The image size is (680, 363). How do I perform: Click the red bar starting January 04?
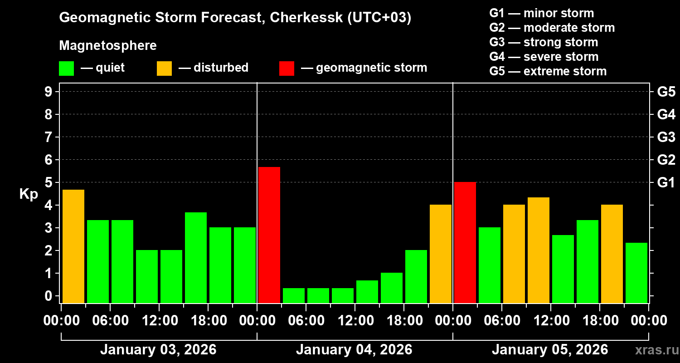269,235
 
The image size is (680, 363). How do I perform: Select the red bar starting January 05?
465,242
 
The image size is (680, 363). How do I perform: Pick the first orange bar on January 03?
73,246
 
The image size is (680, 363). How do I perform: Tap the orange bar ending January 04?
441,254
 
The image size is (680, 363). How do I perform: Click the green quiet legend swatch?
66,69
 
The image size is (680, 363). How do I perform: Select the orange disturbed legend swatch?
164,69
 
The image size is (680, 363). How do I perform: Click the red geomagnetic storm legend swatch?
287,69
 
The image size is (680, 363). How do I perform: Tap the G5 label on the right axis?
666,92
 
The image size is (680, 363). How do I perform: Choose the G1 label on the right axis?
666,183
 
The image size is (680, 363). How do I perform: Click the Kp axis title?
29,194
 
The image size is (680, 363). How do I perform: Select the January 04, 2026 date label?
354,350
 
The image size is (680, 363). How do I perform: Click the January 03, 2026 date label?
158,350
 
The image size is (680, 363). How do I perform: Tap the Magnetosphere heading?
108,46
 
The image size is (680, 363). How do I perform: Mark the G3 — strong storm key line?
544,42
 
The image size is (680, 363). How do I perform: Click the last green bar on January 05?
636,273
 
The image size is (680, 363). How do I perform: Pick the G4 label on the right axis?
666,115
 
